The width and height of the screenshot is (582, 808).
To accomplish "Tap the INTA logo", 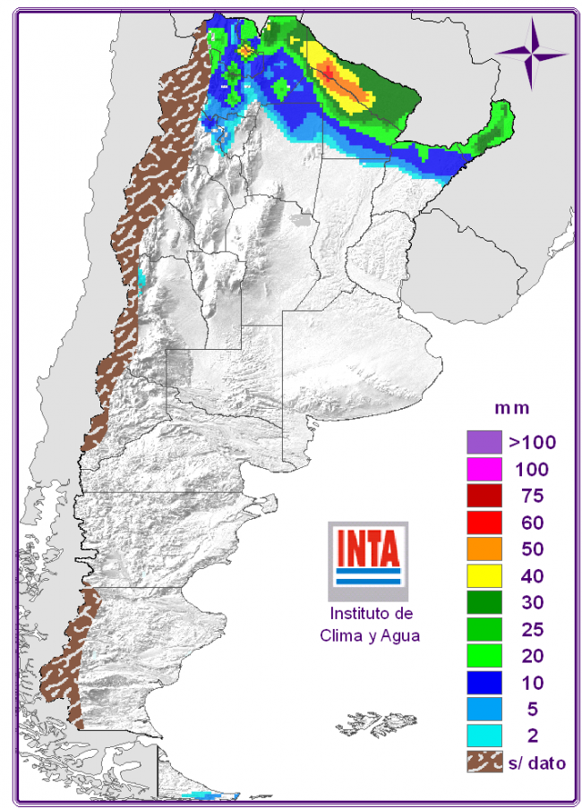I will point(367,558).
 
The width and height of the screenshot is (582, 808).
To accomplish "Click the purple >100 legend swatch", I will point(483,441).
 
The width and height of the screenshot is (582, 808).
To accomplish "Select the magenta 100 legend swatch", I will point(483,468).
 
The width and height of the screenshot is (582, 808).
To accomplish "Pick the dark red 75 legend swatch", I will point(483,495).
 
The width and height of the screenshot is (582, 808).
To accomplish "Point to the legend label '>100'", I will point(533,441).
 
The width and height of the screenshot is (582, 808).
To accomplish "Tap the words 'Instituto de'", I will point(371,615).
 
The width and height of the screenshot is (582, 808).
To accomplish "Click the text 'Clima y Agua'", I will point(370,635).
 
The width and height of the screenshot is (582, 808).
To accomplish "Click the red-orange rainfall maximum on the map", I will point(332,72).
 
